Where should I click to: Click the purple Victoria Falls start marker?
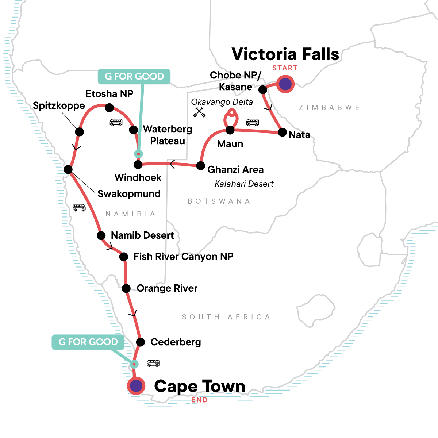coord(285,84)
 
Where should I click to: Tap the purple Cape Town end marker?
coord(136,386)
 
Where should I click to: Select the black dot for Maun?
coord(230,130)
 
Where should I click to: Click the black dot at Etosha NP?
coord(109,107)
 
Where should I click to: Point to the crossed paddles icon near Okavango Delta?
coord(199,112)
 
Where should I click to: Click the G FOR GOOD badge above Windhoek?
coord(134,77)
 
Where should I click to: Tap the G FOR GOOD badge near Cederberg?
coord(88,342)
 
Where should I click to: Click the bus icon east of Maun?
coord(253,122)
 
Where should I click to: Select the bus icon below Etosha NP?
coord(116,122)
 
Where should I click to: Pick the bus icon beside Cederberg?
coord(153,363)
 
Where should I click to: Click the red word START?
coord(285,68)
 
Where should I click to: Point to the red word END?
coord(200,400)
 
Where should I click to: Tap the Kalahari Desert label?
coord(244,184)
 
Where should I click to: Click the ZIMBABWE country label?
coord(329,108)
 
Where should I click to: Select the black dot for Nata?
coord(282,132)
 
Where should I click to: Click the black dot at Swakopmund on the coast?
coord(68,169)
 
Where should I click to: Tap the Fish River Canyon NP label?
coord(183,257)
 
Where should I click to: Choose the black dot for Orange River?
coord(126,288)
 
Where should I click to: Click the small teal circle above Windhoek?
coord(138,154)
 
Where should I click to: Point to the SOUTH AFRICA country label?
coord(226,317)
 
